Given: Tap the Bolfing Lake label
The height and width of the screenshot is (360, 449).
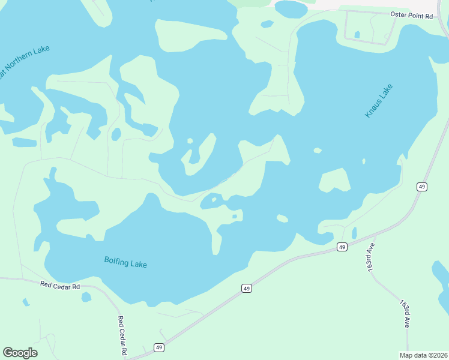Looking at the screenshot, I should click(125, 262).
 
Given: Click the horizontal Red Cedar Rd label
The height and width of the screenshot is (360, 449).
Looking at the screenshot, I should click(61, 286).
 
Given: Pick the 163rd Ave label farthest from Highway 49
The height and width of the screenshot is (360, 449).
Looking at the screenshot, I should click(405, 312).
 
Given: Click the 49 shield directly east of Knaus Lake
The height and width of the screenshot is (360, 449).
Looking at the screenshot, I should click(422, 187).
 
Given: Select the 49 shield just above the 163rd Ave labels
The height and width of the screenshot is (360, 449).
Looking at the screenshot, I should click(342, 247).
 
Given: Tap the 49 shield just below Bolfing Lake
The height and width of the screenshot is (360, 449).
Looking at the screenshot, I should click(247, 289).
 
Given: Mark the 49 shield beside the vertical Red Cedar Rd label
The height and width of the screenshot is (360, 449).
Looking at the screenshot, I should click(158, 347).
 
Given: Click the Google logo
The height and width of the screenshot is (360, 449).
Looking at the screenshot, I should click(20, 353).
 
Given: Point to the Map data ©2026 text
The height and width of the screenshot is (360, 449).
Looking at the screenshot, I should click(424, 355).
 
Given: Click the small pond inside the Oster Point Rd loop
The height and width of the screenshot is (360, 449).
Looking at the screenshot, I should click(358, 35).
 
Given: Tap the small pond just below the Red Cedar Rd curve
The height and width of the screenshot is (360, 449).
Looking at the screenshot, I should click(86, 297).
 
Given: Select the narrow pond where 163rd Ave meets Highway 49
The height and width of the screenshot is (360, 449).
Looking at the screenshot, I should click(354, 233).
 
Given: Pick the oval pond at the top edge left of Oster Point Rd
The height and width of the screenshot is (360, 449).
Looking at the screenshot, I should click(291, 8).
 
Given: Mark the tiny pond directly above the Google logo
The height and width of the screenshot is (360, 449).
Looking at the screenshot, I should click(25, 302).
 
